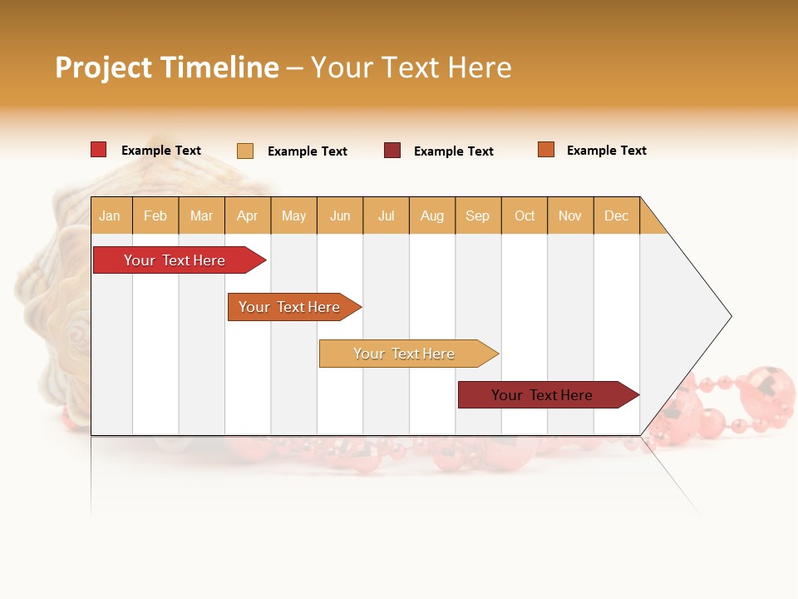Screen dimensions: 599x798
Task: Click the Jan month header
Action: (x=110, y=215)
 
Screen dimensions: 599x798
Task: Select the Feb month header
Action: (x=155, y=215)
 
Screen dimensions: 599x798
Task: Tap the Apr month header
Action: (x=248, y=215)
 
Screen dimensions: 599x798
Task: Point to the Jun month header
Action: (x=340, y=215)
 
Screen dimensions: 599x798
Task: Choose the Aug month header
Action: (x=432, y=215)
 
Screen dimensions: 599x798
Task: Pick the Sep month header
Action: (x=477, y=215)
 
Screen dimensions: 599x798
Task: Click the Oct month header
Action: (x=525, y=215)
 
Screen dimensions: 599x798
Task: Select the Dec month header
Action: (x=616, y=215)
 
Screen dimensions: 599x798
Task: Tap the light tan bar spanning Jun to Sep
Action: (x=405, y=354)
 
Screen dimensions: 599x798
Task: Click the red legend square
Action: (x=99, y=150)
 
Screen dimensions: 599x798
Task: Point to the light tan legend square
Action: (x=245, y=151)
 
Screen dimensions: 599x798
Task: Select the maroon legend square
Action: (x=392, y=151)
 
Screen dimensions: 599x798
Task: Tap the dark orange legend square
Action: (x=546, y=150)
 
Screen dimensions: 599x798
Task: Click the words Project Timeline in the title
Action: (x=167, y=67)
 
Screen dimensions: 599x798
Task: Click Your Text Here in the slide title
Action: (x=411, y=67)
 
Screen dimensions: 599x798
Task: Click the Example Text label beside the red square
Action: (x=161, y=151)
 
